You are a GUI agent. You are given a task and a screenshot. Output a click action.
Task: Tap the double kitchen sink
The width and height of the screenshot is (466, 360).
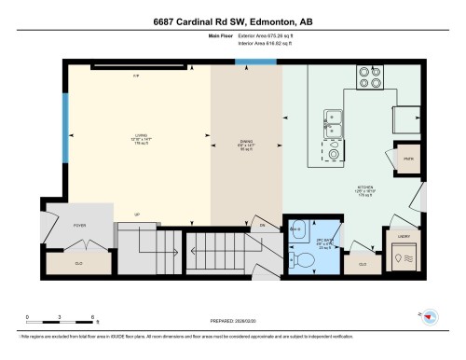click(x=334, y=118)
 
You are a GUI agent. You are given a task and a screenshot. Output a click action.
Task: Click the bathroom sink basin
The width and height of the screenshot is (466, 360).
click(x=296, y=228)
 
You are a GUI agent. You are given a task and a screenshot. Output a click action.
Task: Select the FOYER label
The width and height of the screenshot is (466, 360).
click(x=54, y=225)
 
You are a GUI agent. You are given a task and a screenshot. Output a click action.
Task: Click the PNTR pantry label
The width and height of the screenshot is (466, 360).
click(x=408, y=158)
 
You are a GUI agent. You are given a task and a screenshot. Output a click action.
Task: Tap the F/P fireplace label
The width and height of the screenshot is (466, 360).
click(x=135, y=74)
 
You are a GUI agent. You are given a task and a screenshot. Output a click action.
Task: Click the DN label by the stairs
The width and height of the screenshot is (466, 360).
click(x=263, y=226)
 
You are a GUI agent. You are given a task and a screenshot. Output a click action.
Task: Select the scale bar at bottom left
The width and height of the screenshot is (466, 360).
click(x=57, y=316)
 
